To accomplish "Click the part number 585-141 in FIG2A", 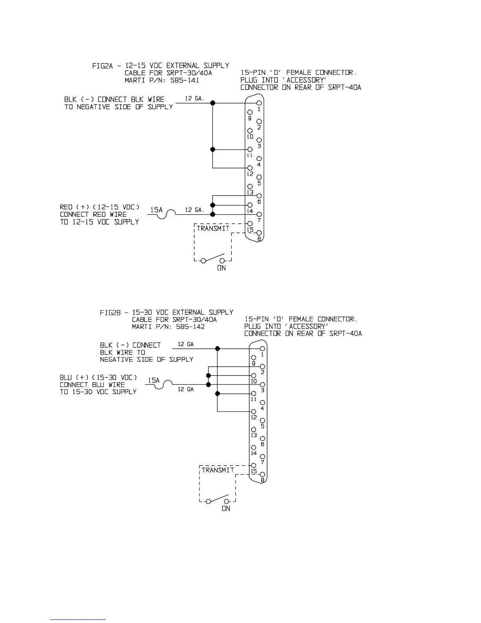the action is (x=185, y=80).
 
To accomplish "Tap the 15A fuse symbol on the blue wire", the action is (x=168, y=384).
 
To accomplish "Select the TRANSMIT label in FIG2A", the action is (x=213, y=229).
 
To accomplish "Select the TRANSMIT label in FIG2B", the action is (x=218, y=470).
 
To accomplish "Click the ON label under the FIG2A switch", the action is (x=221, y=268).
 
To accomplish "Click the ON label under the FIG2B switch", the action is (x=226, y=509).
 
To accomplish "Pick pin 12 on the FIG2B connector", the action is (x=254, y=412).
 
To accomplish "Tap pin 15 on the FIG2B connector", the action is (x=254, y=466).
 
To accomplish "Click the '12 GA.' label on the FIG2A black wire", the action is (x=195, y=99).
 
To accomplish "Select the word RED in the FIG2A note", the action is (x=66, y=207).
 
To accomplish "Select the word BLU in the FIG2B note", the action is (x=66, y=378).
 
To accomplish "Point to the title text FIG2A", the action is (x=103, y=66).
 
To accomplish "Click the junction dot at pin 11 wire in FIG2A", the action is (x=213, y=149).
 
